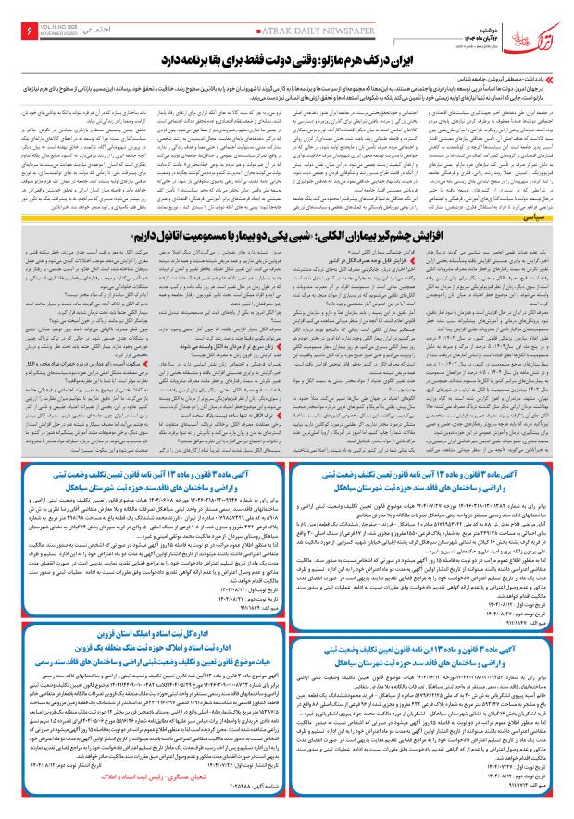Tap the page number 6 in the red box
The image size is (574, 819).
click(x=18, y=33)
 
